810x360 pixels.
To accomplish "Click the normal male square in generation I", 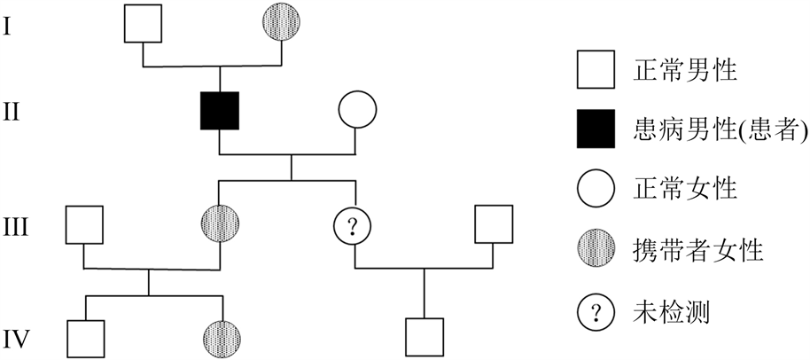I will coord(143,24).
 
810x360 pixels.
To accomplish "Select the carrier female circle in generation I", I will coord(283,24).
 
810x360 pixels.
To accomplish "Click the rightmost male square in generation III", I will coord(494,225).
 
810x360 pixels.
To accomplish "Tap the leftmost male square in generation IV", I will coord(84,338).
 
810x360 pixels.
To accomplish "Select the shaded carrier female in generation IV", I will coord(219,338).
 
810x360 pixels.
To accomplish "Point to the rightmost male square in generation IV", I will coord(424,338).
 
